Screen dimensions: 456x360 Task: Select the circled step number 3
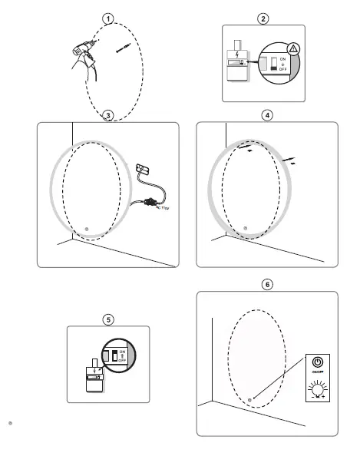(x=108, y=115)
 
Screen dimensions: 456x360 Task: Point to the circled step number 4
(x=266, y=115)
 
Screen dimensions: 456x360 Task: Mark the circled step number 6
(x=266, y=285)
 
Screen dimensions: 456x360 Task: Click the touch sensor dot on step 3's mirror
(x=86, y=229)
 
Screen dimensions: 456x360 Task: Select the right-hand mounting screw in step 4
(x=289, y=161)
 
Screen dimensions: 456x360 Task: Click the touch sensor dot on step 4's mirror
(x=245, y=227)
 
